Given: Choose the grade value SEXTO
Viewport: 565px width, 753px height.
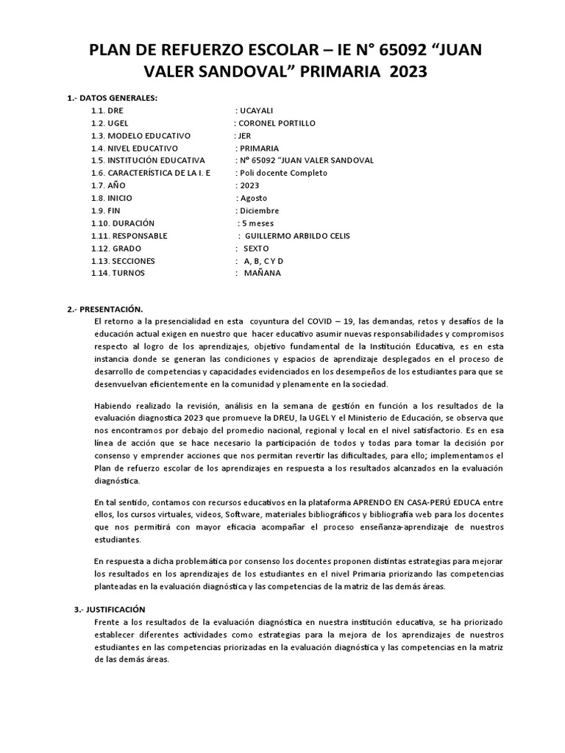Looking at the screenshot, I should point(256,248).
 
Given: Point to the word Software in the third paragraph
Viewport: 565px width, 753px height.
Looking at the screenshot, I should point(245,515).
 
